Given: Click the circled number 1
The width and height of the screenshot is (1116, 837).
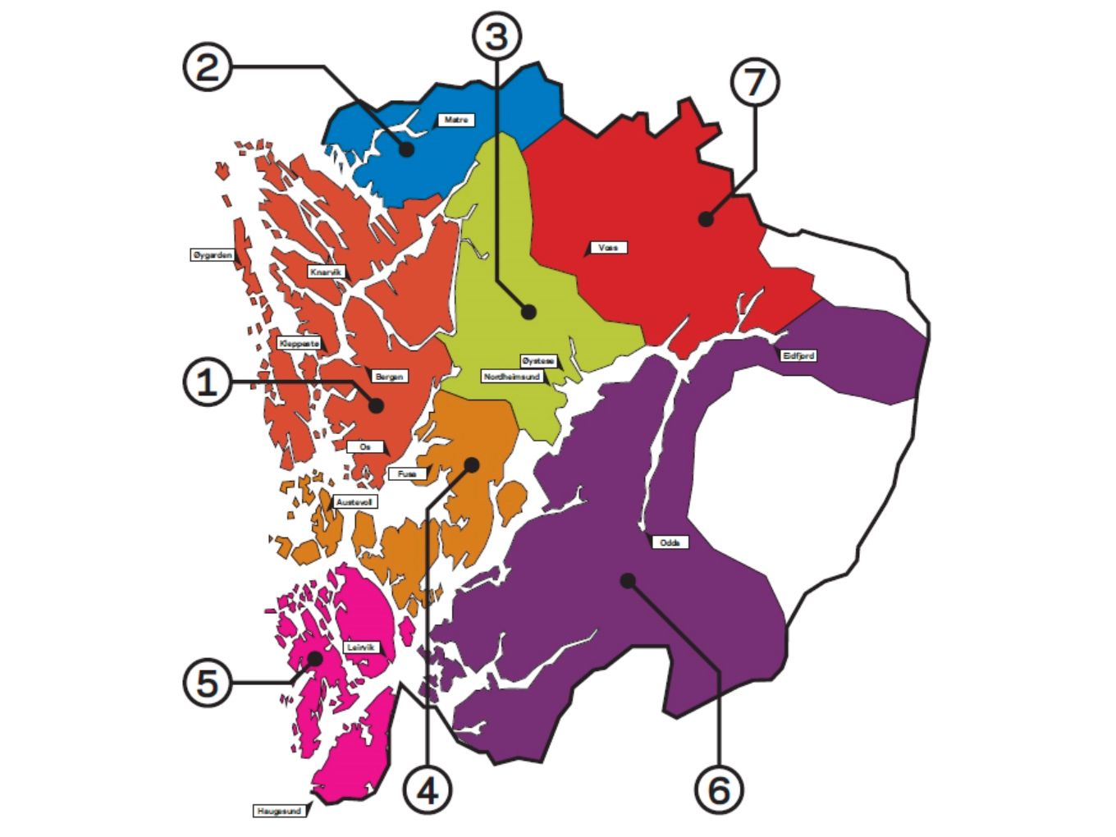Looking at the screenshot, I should (x=206, y=382).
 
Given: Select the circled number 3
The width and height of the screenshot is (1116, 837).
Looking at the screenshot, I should (x=496, y=37).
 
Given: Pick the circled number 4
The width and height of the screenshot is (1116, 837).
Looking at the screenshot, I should (x=428, y=791).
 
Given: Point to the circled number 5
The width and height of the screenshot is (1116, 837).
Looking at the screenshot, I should (x=206, y=683).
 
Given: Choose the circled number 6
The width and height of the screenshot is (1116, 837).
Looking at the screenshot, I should (x=719, y=790).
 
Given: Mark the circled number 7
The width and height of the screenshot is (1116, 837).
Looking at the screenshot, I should (x=754, y=82).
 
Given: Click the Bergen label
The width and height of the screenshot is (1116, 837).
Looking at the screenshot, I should (x=389, y=377).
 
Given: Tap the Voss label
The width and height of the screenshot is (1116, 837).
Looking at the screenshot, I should (x=608, y=247).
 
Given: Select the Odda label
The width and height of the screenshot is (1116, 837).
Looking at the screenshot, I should (x=670, y=542).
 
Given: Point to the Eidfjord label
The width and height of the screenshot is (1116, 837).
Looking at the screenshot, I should (x=798, y=356).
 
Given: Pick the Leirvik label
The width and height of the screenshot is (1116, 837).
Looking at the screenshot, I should (x=361, y=647).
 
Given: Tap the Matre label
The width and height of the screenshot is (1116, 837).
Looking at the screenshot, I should (x=455, y=120).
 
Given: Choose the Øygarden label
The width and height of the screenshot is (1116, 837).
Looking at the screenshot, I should (x=213, y=255).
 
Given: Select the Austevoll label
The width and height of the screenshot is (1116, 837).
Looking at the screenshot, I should (x=355, y=501).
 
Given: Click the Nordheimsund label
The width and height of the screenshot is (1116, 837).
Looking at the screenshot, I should (x=512, y=376).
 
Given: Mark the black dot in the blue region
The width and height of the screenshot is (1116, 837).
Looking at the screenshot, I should (x=407, y=150).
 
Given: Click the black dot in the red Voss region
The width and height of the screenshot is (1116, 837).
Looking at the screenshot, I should (x=705, y=219).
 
